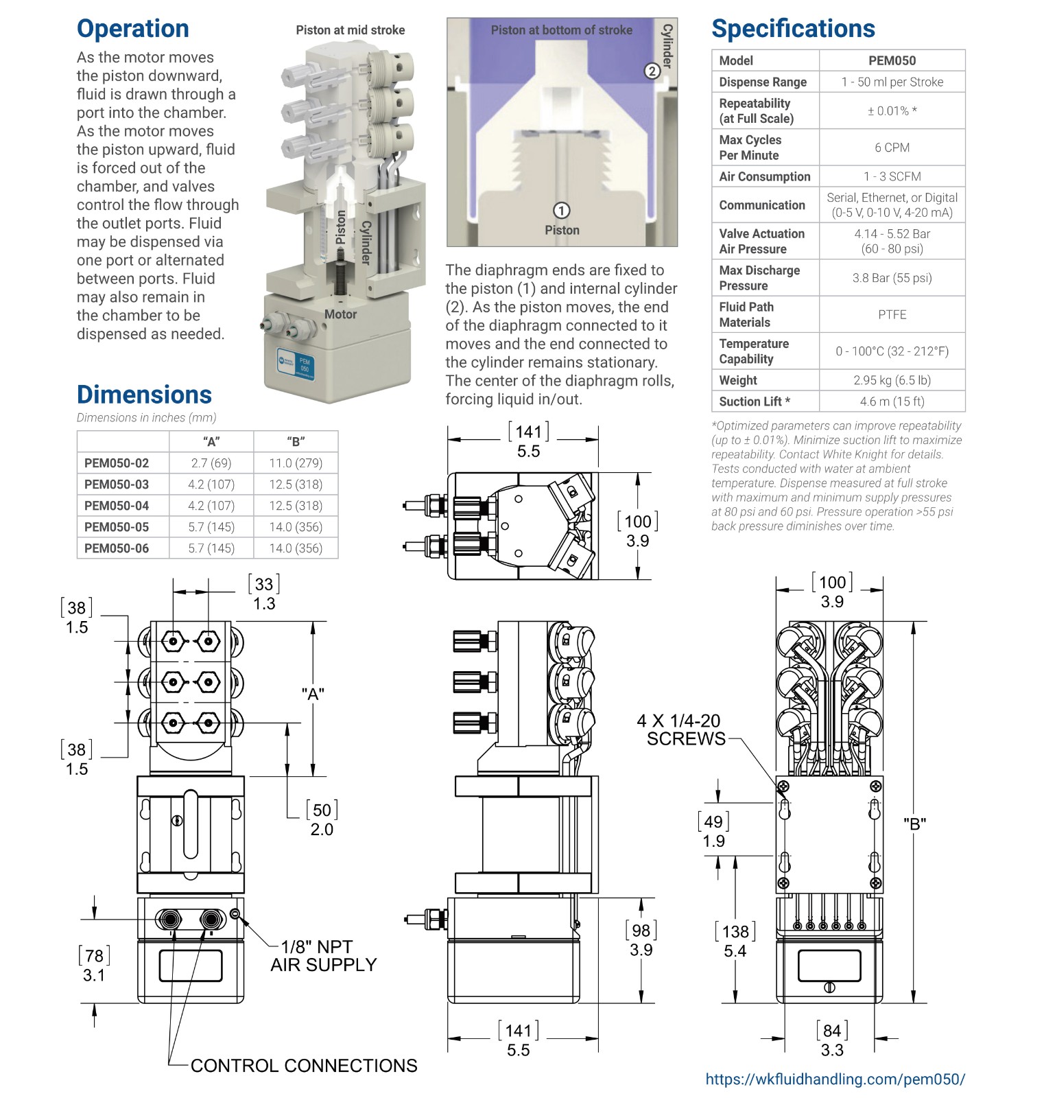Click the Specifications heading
point(793,29)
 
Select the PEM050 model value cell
point(892,60)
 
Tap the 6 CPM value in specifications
point(892,148)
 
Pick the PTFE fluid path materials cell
point(892,314)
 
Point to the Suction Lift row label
point(755,401)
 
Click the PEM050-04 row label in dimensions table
point(117,506)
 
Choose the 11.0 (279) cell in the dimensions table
point(296,463)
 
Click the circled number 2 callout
point(652,71)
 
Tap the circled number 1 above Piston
point(561,211)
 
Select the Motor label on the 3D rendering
point(340,314)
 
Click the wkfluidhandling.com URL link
point(835,1079)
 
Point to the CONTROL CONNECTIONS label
point(304,1066)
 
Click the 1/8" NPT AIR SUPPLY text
point(324,956)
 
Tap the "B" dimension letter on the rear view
point(914,824)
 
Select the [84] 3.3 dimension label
point(832,1040)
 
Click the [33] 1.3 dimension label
point(264,594)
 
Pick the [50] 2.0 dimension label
point(322,819)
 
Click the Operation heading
point(133,29)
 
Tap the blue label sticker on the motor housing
point(296,364)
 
